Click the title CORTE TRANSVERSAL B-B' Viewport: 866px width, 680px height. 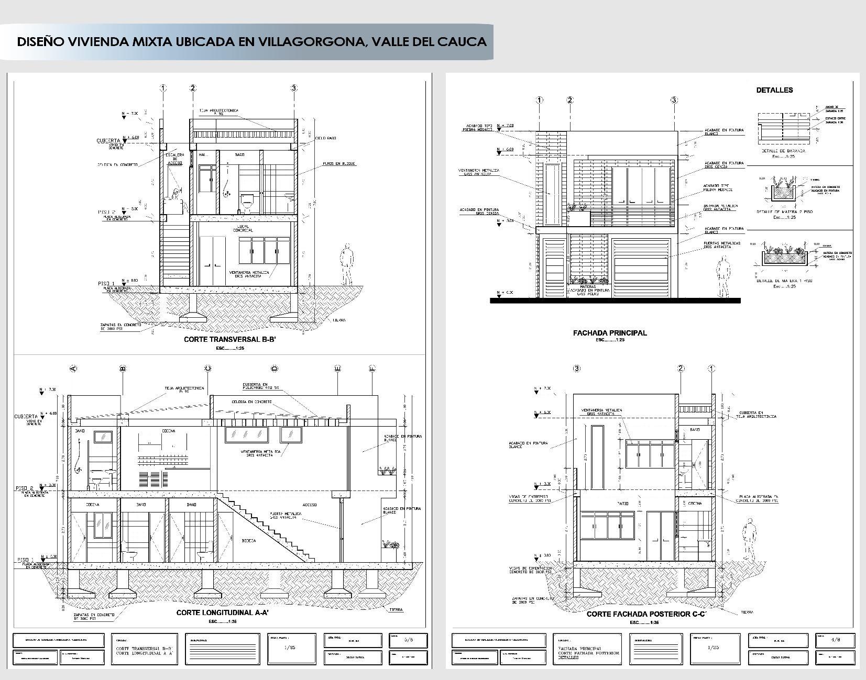(229, 340)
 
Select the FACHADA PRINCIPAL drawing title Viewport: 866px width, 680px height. (610, 333)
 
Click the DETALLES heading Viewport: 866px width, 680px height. (774, 90)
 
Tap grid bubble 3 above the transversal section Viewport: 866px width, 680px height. (294, 88)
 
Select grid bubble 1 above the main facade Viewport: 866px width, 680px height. (539, 100)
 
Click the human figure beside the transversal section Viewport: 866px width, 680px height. (346, 263)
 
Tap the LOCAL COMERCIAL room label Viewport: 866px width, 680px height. (243, 228)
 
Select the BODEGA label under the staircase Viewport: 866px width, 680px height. (248, 540)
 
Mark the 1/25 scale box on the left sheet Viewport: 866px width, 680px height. (290, 648)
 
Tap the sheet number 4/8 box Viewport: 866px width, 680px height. (836, 640)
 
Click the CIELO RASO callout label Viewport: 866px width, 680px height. (326, 138)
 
